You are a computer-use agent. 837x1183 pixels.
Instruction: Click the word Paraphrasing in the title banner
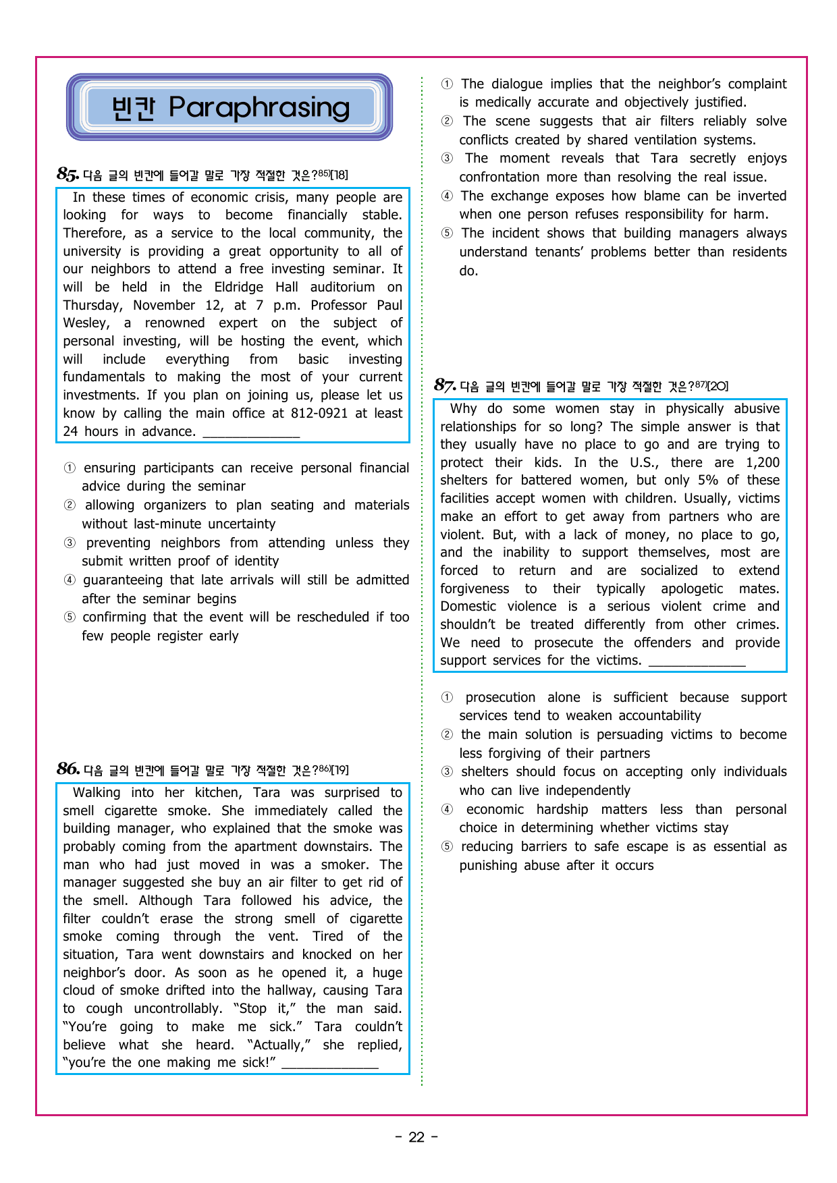(x=259, y=107)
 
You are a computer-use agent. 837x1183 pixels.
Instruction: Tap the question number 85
(x=67, y=174)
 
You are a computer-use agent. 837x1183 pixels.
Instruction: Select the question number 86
(x=67, y=769)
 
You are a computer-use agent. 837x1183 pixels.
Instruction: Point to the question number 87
(x=444, y=385)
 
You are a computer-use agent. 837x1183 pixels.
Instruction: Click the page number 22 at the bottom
(x=416, y=1137)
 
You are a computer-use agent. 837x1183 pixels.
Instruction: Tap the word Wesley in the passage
(x=86, y=323)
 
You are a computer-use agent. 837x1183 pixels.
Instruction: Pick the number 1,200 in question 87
(x=762, y=462)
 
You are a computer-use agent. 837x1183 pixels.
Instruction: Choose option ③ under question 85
(x=70, y=543)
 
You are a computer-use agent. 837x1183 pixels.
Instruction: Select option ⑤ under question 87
(x=447, y=846)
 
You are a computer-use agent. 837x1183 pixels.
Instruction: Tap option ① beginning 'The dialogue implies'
(x=447, y=84)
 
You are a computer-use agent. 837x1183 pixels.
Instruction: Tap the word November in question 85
(x=165, y=305)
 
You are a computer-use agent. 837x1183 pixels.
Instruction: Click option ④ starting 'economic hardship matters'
(x=447, y=809)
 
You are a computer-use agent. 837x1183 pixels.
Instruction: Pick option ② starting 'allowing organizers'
(x=70, y=505)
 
